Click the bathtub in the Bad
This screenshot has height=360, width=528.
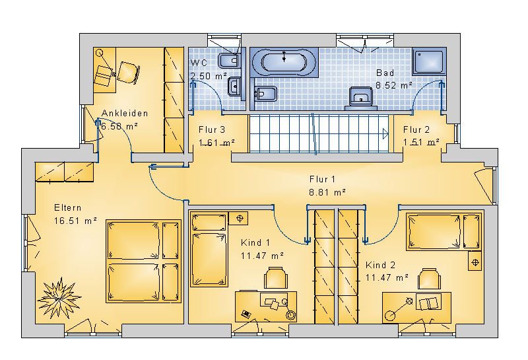(284, 62)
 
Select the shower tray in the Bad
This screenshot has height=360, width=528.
(430, 61)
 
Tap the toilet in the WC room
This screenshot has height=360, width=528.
(229, 61)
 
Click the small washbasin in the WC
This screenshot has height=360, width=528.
(235, 87)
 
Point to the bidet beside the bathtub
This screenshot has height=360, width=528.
(265, 94)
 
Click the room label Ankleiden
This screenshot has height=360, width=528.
(125, 113)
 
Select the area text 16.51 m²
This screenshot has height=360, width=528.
(75, 221)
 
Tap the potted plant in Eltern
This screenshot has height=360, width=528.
(59, 299)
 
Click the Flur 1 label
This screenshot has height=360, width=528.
(322, 179)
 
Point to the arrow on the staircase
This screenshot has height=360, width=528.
(385, 134)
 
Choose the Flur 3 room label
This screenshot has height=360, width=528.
(212, 129)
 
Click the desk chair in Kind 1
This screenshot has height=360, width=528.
(276, 277)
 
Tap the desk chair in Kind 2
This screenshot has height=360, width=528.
(430, 279)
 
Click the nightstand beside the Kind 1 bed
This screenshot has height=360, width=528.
(238, 218)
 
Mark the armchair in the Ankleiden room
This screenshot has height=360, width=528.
(128, 73)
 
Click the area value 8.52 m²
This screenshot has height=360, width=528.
(393, 86)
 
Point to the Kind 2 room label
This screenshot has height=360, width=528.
(381, 266)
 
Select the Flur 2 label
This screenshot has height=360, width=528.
(416, 129)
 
